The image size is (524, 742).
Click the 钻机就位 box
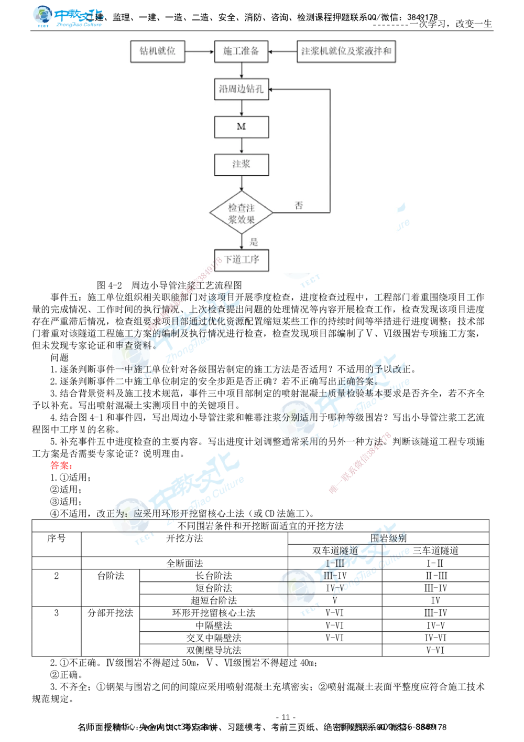click(x=157, y=51)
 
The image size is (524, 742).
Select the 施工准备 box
click(x=241, y=51)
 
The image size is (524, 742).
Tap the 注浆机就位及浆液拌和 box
click(x=346, y=51)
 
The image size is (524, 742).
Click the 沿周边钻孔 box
click(x=241, y=89)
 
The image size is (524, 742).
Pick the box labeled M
click(x=241, y=127)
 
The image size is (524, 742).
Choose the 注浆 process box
click(x=241, y=164)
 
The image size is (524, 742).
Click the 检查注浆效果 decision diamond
click(x=241, y=213)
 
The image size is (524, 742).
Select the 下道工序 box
click(x=242, y=260)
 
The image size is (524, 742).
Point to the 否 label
click(x=299, y=205)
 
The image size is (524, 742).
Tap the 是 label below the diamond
click(x=254, y=242)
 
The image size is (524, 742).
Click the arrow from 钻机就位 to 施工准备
click(x=199, y=51)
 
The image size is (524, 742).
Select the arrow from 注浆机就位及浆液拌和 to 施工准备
click(x=283, y=51)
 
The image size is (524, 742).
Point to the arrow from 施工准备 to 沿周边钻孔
click(x=241, y=70)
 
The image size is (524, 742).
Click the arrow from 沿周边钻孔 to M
click(x=241, y=108)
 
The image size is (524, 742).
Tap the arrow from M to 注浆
click(x=241, y=145)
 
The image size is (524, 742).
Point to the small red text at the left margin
click(x=61, y=465)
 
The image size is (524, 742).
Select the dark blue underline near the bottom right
click(x=364, y=590)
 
